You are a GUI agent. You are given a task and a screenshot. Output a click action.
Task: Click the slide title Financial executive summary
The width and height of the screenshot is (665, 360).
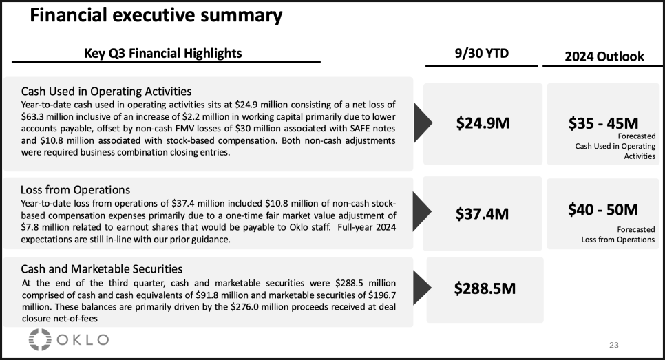pos(156,15)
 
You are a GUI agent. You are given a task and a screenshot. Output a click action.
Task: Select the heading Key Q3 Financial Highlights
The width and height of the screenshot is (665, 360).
pos(163,54)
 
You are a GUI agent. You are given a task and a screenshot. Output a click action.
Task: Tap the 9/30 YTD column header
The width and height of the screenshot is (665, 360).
pos(481,53)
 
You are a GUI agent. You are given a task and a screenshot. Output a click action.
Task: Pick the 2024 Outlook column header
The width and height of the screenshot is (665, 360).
pos(604,56)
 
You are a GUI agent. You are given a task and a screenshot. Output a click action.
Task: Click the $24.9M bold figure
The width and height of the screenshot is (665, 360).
pos(483,123)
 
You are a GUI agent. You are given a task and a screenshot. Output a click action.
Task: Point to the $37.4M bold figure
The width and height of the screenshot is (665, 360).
pos(482,213)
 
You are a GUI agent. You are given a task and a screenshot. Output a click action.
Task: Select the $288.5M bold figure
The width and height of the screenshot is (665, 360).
pos(485,288)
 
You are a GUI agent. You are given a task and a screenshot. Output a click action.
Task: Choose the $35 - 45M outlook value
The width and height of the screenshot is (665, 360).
pos(603,123)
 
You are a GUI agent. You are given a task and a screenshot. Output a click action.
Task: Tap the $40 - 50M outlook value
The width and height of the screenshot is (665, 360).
pos(603,209)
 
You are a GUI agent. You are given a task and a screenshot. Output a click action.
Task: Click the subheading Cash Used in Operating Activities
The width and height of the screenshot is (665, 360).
pos(106,91)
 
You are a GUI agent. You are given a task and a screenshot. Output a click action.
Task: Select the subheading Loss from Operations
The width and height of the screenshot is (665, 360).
pos(75,189)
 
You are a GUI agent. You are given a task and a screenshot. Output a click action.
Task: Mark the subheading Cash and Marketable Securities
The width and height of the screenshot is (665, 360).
pos(102,269)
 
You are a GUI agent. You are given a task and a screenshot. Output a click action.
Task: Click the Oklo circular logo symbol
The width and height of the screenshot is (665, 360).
pos(40,339)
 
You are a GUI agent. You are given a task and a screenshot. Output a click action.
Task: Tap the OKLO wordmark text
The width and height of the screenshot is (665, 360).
pos(83,339)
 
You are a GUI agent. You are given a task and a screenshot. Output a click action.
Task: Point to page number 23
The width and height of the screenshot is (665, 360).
pos(613,345)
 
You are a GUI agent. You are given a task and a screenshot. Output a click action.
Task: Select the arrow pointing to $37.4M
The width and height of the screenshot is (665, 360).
pos(421,211)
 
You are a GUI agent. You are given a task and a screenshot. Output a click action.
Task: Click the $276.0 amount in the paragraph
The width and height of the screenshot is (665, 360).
pos(244,306)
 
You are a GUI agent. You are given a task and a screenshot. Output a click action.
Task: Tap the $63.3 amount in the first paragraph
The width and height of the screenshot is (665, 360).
pos(32,116)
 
